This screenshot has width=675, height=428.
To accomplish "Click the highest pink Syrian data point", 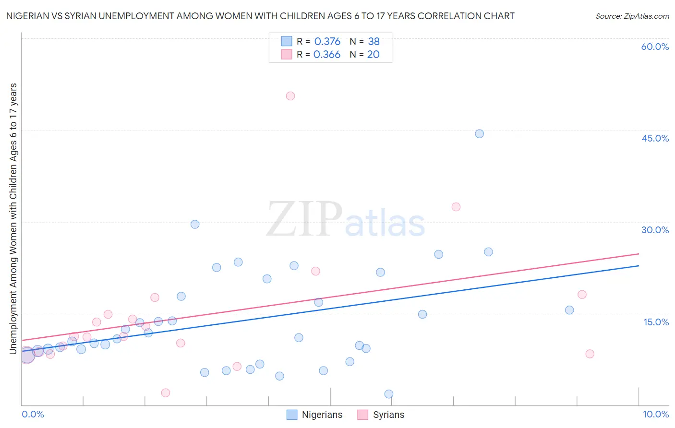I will [x=290, y=96].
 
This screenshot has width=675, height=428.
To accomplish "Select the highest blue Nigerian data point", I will [x=479, y=134].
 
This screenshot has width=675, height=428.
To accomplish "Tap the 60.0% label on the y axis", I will [x=655, y=47].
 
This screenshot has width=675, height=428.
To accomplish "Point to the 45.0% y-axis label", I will [x=655, y=138].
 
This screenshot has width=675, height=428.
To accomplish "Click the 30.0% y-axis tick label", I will [x=655, y=230].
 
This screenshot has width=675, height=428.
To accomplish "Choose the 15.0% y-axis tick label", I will [x=656, y=321].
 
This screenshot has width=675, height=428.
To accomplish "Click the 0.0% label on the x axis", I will [x=33, y=414].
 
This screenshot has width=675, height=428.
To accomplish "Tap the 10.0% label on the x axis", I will [x=655, y=414].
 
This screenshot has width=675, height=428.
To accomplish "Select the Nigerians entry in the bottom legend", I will [x=322, y=415].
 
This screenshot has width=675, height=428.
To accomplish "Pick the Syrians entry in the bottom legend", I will [x=388, y=415].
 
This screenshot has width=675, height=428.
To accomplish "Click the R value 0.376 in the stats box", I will [x=327, y=42].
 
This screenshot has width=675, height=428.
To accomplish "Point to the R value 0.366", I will [x=326, y=55].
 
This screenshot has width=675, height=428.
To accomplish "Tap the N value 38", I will [x=374, y=42].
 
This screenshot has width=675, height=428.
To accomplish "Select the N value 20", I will [x=373, y=55].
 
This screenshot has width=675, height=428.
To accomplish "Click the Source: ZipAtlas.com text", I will [x=632, y=16].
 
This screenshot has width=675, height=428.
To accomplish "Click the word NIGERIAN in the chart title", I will [x=28, y=16].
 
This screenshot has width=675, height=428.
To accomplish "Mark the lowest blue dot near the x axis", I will [x=389, y=394].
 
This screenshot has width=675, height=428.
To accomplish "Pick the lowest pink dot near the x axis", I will [x=166, y=393].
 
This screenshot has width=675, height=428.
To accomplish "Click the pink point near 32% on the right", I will [x=456, y=207].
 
